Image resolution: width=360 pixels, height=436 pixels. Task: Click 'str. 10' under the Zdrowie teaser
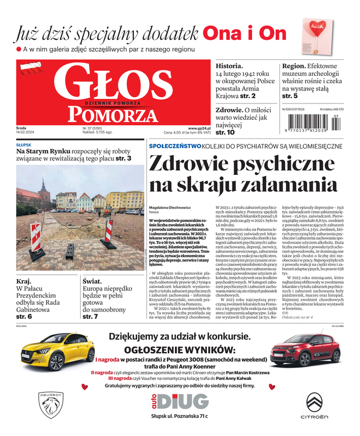[x=225, y=132]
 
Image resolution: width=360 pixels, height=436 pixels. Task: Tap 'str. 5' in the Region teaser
[x=290, y=96]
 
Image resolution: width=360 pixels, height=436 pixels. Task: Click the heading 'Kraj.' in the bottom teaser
[x=24, y=281]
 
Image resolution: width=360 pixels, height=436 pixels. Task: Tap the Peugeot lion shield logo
[x=51, y=405]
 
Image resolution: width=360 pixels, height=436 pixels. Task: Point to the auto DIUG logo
[x=180, y=401]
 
